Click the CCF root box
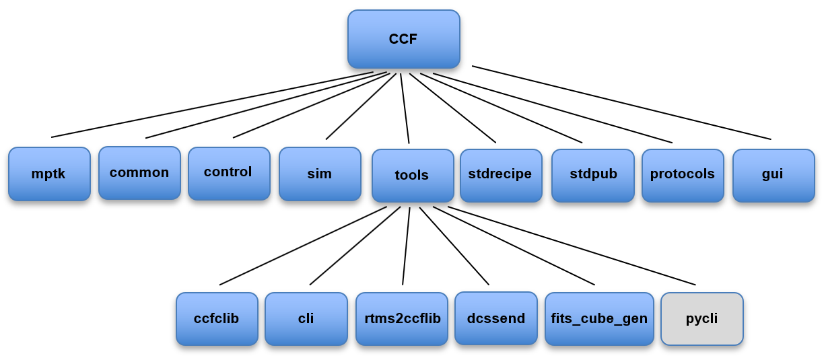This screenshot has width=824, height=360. (x=403, y=39)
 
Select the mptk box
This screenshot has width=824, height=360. (x=49, y=174)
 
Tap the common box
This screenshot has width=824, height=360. (x=139, y=172)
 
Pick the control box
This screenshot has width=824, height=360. (x=228, y=172)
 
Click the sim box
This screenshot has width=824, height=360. (x=320, y=174)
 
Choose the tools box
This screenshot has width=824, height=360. (x=412, y=175)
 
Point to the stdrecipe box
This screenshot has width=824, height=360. (x=500, y=174)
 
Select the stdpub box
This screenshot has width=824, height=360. (x=592, y=174)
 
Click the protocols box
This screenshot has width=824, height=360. (x=683, y=174)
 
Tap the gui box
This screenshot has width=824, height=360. (x=773, y=174)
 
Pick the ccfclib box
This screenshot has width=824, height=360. (x=217, y=318)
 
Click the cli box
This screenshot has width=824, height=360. (x=306, y=318)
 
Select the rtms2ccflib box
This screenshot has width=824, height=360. (x=401, y=318)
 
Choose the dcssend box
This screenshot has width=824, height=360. (x=496, y=318)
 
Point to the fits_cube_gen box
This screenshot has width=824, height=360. (x=599, y=318)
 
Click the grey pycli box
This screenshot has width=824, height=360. (x=702, y=318)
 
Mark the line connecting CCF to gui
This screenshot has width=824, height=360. (x=621, y=102)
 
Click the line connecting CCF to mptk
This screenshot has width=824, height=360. (x=212, y=104)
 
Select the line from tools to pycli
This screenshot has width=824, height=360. (x=572, y=246)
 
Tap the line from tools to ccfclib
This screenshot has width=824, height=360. (x=303, y=246)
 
